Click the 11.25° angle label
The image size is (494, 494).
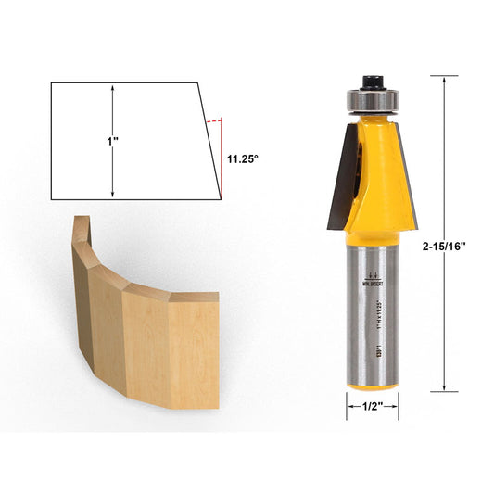pos(243,158)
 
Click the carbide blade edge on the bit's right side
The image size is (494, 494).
pos(409,176)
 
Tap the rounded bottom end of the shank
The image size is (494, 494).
pos(373,383)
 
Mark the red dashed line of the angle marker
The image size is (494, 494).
pos(214,120)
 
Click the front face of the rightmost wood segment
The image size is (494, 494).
pos(193,352)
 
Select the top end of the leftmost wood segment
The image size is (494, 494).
pos(82,223)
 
